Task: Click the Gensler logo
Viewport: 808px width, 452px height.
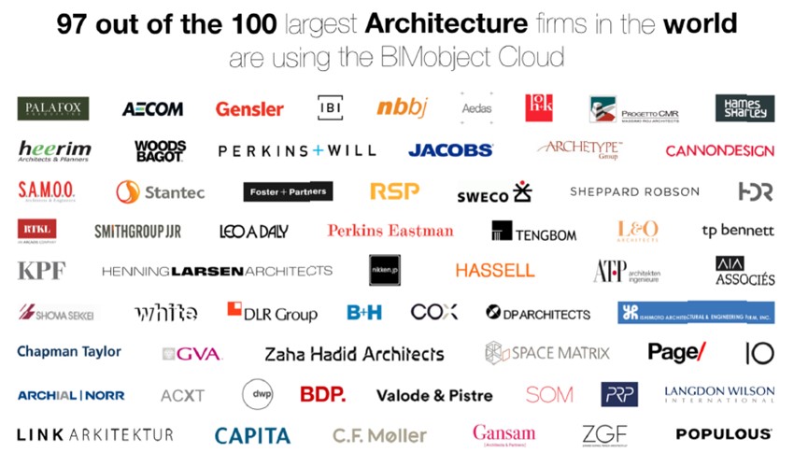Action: (x=249, y=109)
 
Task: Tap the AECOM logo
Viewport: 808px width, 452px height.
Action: (x=152, y=109)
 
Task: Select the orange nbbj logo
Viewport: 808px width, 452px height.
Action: (x=402, y=107)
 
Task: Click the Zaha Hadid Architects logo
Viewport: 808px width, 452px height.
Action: (x=354, y=354)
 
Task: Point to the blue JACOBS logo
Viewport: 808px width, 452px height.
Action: (x=450, y=149)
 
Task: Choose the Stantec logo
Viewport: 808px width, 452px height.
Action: (x=160, y=192)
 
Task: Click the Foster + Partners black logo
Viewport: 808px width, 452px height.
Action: (x=288, y=191)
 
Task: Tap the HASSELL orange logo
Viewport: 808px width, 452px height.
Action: (x=495, y=270)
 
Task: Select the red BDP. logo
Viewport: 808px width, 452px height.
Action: (x=322, y=394)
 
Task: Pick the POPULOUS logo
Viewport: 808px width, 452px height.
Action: (x=724, y=434)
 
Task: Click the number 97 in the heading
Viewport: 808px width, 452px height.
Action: (x=77, y=24)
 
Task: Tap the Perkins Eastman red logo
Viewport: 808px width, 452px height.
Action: (x=390, y=231)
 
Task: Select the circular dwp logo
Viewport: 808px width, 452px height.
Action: (x=257, y=394)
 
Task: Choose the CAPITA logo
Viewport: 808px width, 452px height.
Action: (x=252, y=435)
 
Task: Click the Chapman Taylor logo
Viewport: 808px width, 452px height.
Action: (x=69, y=352)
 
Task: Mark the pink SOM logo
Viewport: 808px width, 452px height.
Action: (x=549, y=394)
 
